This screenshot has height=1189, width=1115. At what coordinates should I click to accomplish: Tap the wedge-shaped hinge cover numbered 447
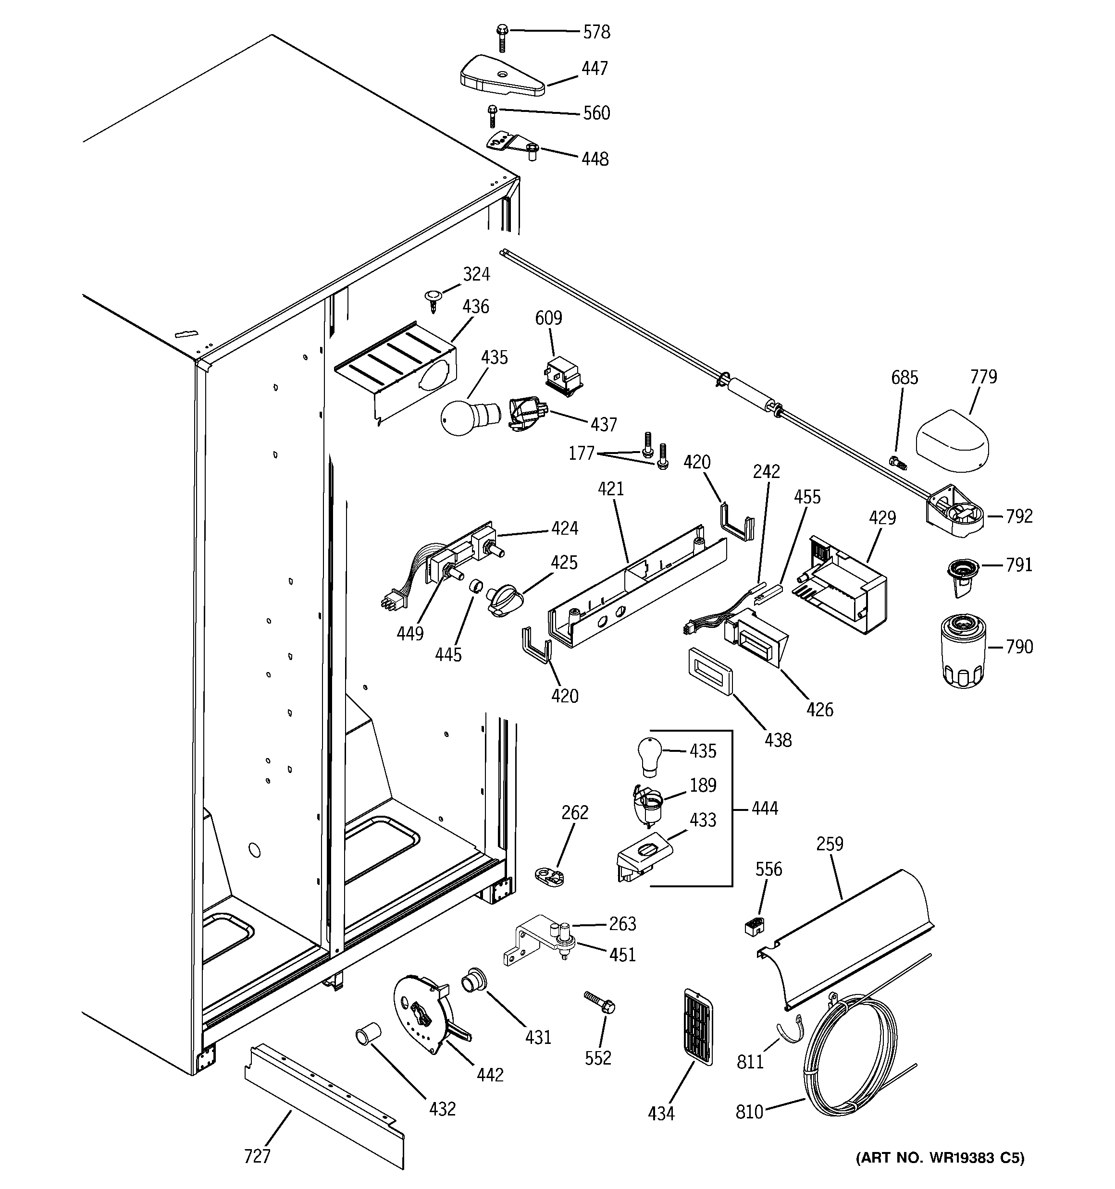[502, 76]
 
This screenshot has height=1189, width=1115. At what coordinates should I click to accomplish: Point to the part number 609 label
[548, 318]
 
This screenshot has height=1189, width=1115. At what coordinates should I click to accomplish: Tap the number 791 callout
[1019, 564]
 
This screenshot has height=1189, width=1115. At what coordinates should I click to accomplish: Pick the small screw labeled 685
[898, 462]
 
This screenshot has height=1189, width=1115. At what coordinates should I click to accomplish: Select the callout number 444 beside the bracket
[764, 809]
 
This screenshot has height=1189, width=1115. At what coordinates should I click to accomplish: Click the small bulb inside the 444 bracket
[649, 755]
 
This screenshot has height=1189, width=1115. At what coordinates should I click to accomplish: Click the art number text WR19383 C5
[940, 1175]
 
